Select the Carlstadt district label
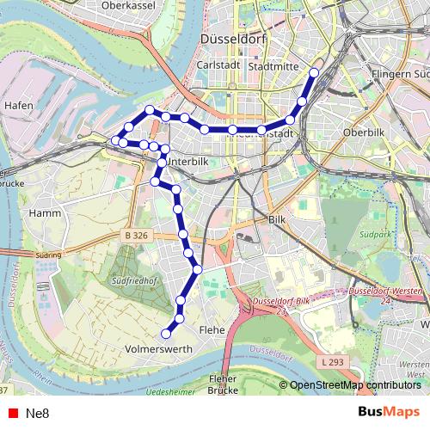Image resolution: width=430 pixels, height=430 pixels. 217,65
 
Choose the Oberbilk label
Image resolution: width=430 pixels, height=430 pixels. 361,133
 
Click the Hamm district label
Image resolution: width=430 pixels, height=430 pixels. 43,212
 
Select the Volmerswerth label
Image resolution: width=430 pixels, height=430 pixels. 158,351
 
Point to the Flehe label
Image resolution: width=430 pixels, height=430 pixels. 211,329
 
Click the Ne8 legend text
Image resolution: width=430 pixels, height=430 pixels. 38,413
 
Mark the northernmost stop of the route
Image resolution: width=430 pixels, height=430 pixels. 315,73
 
